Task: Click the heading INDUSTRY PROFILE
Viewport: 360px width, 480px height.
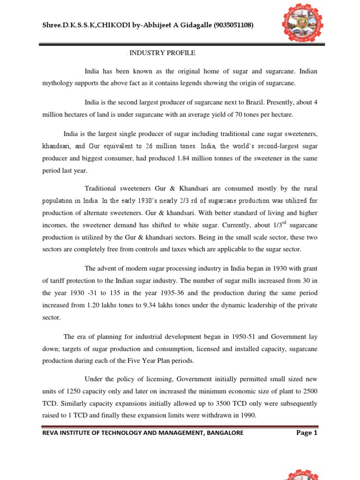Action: [x=162, y=53]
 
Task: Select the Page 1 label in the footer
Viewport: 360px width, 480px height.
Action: [x=307, y=433]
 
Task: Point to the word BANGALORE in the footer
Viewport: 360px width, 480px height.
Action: [x=225, y=433]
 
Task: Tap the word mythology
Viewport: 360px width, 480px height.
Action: [x=58, y=83]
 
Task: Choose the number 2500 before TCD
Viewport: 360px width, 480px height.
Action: [x=308, y=391]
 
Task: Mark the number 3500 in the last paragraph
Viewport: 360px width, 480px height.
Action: [x=219, y=404]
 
